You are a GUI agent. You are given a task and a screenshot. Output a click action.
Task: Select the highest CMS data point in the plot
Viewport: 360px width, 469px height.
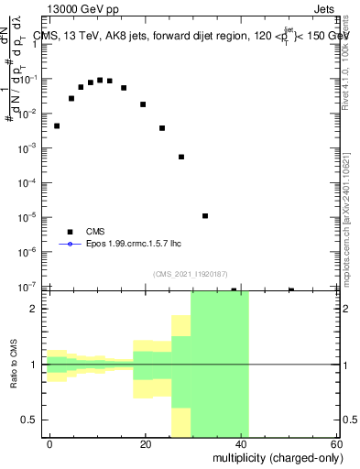pyautogui.click(x=100, y=80)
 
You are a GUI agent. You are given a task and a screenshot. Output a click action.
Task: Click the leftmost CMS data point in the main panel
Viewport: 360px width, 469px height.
pyautogui.click(x=57, y=125)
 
